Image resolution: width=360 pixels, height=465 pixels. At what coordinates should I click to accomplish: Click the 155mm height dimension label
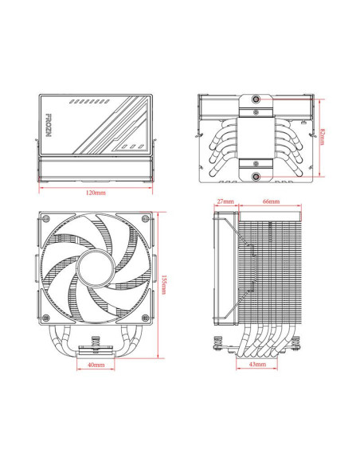[x=164, y=284]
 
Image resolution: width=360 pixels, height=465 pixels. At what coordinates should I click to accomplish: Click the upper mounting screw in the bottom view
[x=257, y=99]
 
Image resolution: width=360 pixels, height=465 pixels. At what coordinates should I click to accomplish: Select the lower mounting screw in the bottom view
[x=257, y=177]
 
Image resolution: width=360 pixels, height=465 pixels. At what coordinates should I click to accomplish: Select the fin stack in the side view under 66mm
[x=271, y=263]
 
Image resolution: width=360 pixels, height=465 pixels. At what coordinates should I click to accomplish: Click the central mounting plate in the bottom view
[x=257, y=137]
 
